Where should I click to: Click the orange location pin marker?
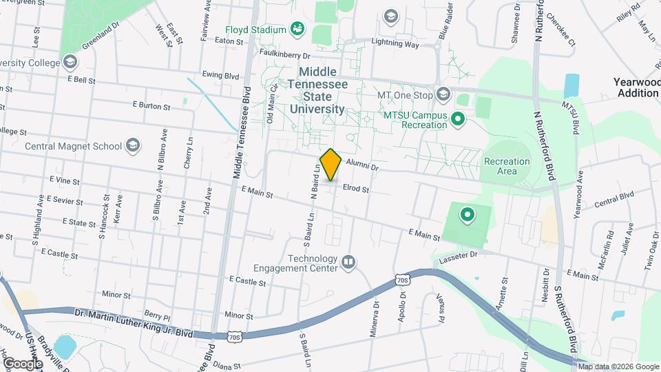pos(331,164)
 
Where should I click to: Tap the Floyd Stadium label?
pos(255,30)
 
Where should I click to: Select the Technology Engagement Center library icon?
pos(348,261)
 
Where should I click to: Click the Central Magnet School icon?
pos(132,145)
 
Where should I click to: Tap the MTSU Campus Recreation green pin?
pos(457,121)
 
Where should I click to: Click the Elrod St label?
pos(357,189)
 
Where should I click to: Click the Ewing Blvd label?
pos(220,75)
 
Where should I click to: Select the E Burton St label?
pos(151,106)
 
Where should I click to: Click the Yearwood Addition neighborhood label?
pos(638,87)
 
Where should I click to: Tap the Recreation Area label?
pos(507,166)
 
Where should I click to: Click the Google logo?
pos(23,363)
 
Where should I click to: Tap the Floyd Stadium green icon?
pos(297,29)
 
